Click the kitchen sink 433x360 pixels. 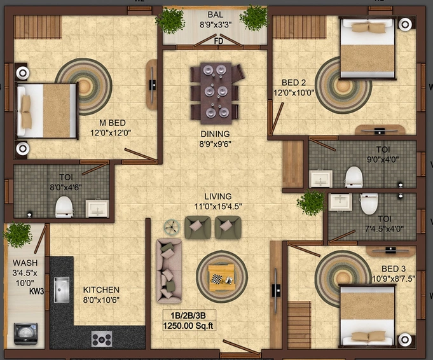click(x=61, y=290)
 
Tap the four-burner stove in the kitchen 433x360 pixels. click(x=102, y=339)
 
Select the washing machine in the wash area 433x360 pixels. click(x=25, y=334)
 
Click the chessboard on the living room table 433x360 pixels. click(x=216, y=279)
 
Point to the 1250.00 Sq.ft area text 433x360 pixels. click(x=188, y=326)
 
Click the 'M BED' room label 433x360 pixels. click(x=113, y=123)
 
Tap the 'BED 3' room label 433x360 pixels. click(x=394, y=268)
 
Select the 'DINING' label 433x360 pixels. click(x=215, y=134)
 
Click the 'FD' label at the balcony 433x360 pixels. click(x=219, y=41)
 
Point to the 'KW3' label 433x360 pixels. click(x=37, y=291)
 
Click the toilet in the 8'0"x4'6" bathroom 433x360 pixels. click(x=64, y=207)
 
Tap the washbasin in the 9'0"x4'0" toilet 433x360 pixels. click(x=320, y=179)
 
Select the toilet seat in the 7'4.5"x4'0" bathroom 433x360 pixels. click(x=369, y=204)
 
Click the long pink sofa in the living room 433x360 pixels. click(x=168, y=271)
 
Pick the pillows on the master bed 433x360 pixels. click(x=26, y=111)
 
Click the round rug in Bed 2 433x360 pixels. click(x=343, y=86)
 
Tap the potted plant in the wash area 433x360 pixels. click(x=18, y=235)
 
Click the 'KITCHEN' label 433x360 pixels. click(x=101, y=290)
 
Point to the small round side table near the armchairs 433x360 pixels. click(x=172, y=227)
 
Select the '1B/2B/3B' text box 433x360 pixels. click(x=188, y=315)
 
